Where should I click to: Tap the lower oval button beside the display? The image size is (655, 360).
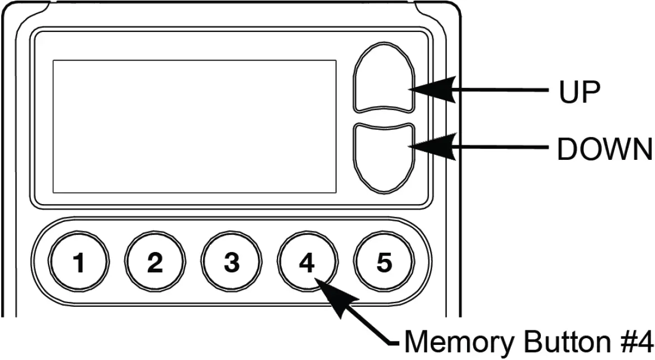pyautogui.click(x=383, y=158)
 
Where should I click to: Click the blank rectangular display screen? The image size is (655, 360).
pyautogui.click(x=194, y=126)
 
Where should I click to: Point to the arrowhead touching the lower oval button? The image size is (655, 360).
pyautogui.click(x=433, y=146)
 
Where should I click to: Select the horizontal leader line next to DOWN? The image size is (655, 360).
pyautogui.click(x=503, y=146)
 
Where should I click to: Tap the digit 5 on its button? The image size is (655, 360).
pyautogui.click(x=384, y=263)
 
